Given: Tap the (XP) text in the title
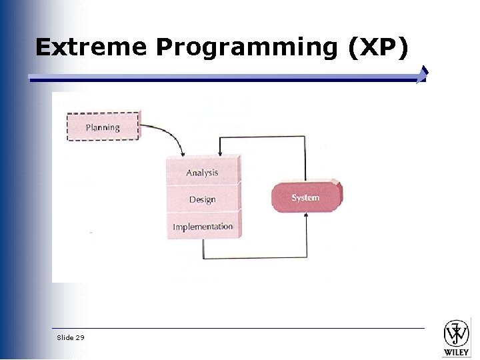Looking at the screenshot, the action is click(x=376, y=47).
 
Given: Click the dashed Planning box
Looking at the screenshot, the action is click(x=103, y=127).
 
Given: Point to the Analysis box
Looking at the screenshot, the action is click(x=202, y=172).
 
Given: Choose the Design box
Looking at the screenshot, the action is click(x=202, y=199).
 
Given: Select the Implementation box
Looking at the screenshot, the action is click(x=203, y=227).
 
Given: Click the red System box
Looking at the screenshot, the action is click(x=305, y=198).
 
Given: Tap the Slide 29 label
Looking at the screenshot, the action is click(x=71, y=337).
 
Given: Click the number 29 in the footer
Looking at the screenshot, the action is click(x=81, y=337).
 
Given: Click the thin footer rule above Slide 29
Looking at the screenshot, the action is click(x=240, y=328).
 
